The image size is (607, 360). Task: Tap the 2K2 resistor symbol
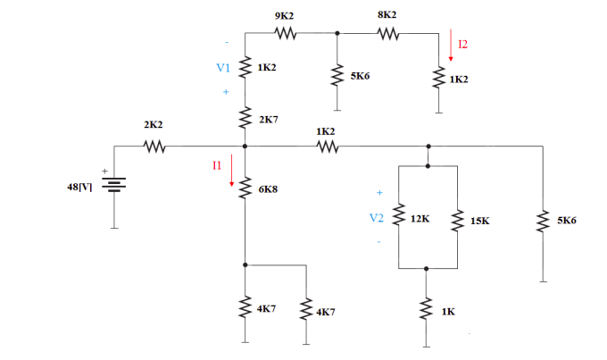click(x=154, y=146)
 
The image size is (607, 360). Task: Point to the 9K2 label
click(x=286, y=16)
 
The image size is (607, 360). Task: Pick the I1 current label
click(x=217, y=164)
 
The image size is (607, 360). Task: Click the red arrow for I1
click(x=232, y=171)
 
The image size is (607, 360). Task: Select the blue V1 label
click(x=223, y=68)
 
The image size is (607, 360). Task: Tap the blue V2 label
click(x=377, y=216)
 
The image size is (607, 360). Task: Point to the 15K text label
click(x=478, y=220)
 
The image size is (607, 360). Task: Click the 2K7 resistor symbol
click(x=245, y=117)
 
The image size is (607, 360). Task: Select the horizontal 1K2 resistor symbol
click(x=326, y=146)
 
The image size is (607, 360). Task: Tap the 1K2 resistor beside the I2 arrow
click(x=438, y=79)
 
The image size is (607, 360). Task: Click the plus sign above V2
click(x=379, y=192)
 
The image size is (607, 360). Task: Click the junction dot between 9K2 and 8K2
click(x=337, y=35)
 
